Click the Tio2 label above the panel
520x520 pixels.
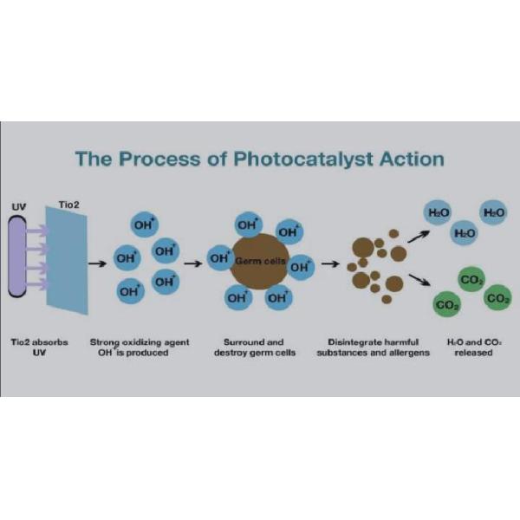tap(68, 205)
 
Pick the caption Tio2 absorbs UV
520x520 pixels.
tap(38, 348)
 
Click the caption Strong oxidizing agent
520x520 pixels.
tap(139, 348)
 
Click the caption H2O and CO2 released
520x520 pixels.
tap(471, 348)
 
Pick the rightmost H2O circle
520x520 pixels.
tap(494, 211)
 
